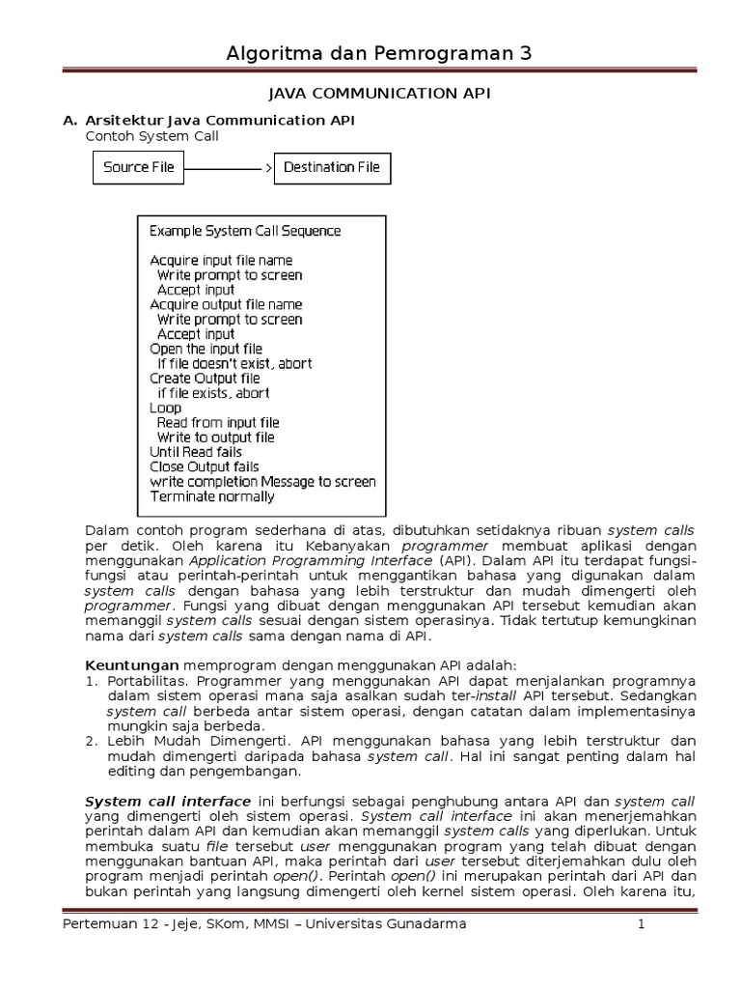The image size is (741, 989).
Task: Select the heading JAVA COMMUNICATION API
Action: (371, 94)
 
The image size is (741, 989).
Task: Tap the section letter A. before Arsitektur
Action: (69, 120)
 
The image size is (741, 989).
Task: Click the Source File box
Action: (139, 167)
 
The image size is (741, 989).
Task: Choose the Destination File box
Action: (331, 167)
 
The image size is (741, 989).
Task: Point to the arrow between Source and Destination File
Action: (229, 168)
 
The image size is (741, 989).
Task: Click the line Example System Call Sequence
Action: (245, 231)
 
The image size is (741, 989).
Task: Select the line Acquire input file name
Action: (221, 261)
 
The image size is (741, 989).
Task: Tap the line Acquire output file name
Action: (226, 305)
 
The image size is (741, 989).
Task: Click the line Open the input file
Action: (206, 349)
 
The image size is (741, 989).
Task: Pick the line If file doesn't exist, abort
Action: (234, 364)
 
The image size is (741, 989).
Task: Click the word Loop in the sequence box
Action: (166, 408)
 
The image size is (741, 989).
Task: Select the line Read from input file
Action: (218, 423)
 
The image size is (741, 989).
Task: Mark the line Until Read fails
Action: (196, 452)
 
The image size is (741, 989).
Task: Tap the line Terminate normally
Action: (212, 496)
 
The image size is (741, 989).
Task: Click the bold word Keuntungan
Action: (132, 665)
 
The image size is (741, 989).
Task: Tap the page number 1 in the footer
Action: (640, 924)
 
